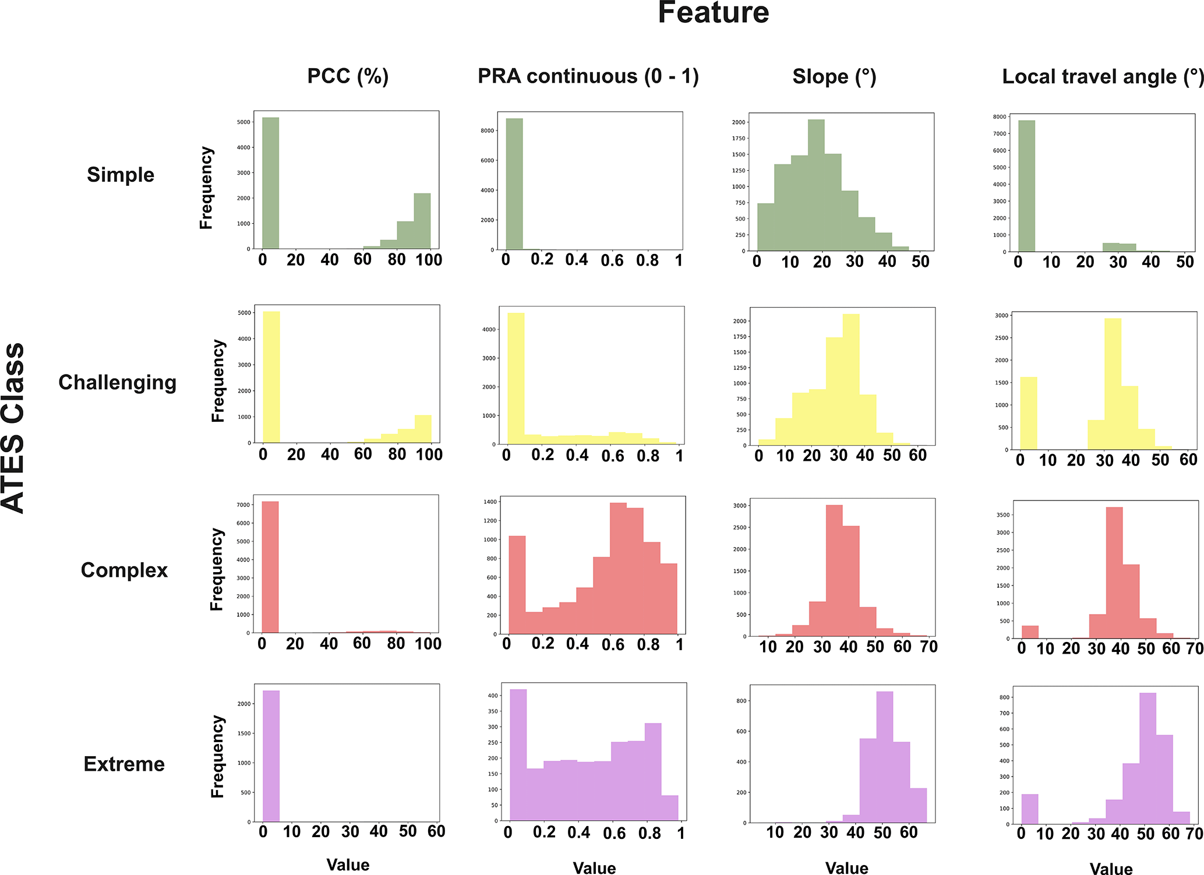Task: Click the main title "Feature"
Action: coord(713,13)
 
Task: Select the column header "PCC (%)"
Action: coord(348,76)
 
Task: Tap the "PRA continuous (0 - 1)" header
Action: coord(588,76)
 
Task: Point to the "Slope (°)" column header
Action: coord(834,76)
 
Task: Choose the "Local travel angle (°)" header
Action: coord(1102,76)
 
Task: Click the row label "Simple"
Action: coord(121,175)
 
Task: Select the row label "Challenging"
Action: coord(117,382)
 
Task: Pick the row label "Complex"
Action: coord(124,570)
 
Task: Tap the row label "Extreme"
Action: coord(124,764)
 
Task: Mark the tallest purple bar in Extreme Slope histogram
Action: coord(884,757)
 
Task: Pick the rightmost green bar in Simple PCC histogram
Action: coord(422,221)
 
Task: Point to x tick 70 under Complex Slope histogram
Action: coord(928,647)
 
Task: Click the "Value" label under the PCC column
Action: coord(348,865)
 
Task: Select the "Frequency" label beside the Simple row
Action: coord(207,188)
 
